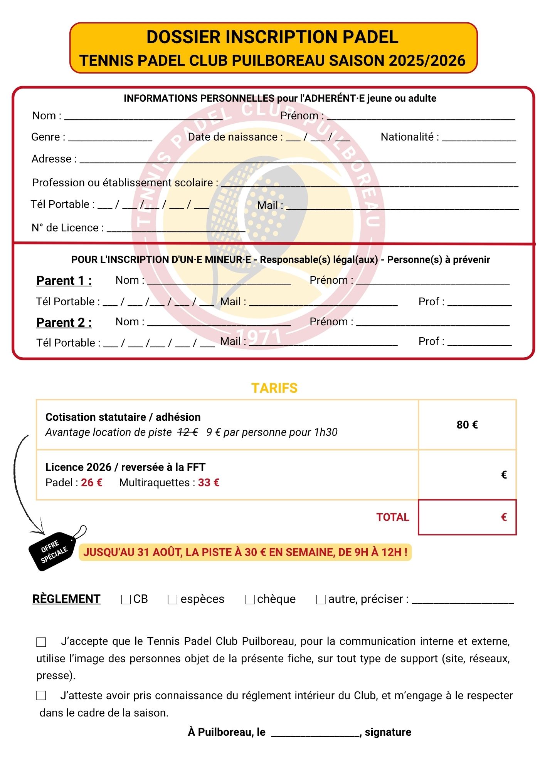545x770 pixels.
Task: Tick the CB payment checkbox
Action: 126,599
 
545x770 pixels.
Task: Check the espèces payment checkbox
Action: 172,599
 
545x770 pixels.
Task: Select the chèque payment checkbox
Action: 250,599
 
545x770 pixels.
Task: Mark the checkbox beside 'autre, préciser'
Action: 321,599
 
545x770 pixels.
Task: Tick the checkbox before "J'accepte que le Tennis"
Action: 41,642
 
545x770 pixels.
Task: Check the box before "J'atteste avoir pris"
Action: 41,695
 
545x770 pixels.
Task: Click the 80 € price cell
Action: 467,425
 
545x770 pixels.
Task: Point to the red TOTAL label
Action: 393,517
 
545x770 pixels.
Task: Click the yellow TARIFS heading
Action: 274,388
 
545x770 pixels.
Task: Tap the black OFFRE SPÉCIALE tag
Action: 54,549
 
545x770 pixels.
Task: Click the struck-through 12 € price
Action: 188,432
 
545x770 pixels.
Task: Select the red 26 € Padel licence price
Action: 92,482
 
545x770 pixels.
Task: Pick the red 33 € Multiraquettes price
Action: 209,482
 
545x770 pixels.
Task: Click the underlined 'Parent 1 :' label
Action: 64,281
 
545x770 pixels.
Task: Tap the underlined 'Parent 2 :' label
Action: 64,322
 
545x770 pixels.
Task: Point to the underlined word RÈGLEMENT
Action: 66,599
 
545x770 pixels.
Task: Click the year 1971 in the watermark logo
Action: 259,337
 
